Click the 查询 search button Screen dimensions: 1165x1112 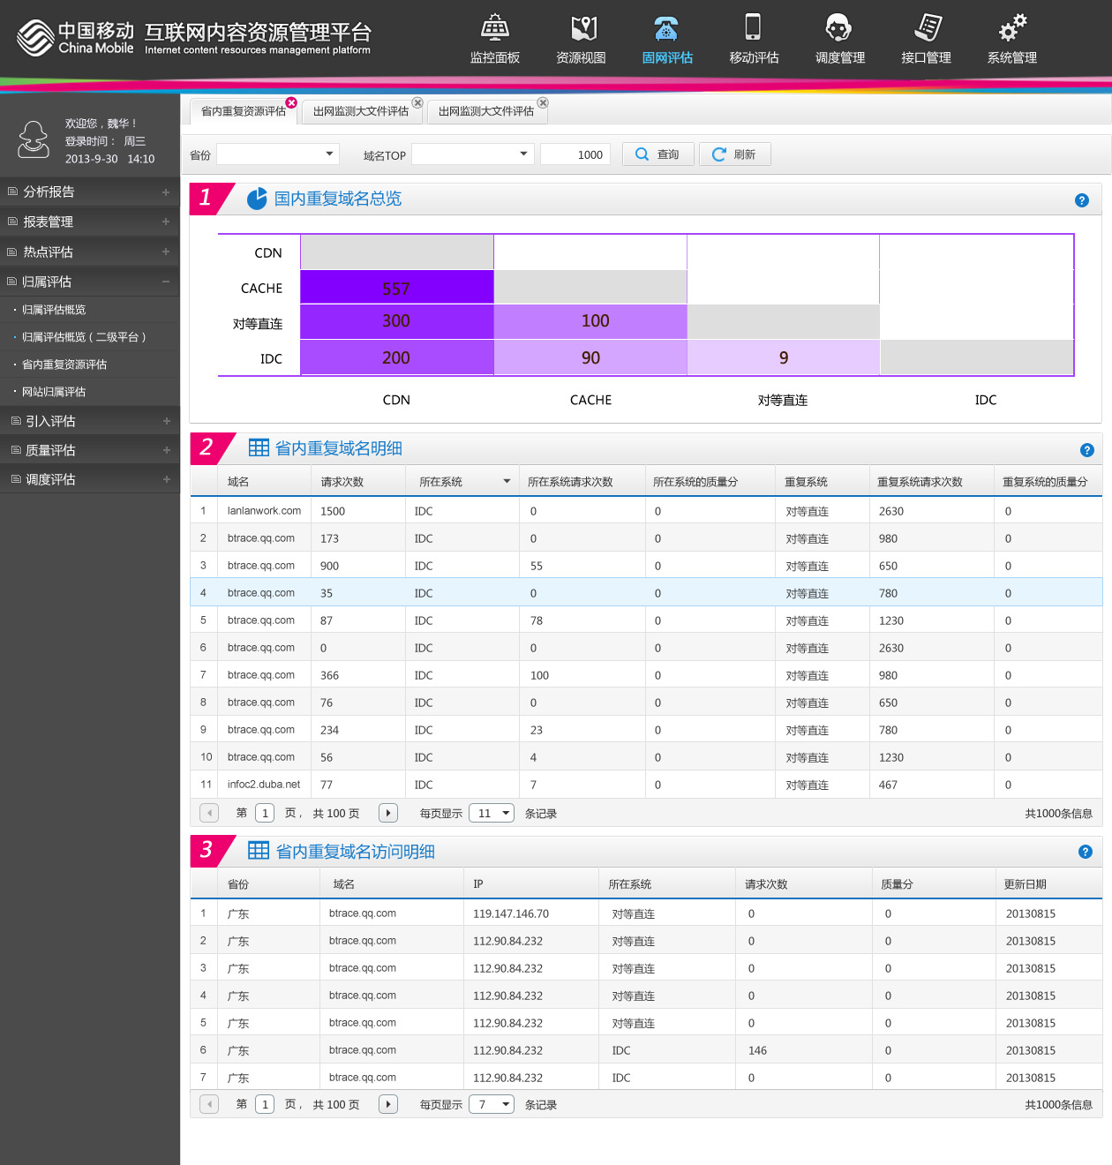tap(657, 154)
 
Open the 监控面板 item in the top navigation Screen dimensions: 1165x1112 tap(494, 40)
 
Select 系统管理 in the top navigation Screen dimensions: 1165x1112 tap(1011, 40)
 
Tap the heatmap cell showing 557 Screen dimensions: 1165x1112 tap(396, 288)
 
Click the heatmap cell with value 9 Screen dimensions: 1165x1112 tap(783, 357)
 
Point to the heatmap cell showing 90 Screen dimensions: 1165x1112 tap(590, 357)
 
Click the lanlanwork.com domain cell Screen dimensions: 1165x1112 tap(264, 511)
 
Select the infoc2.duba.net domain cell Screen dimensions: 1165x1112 tap(264, 785)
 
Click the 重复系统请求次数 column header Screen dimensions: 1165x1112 tap(920, 482)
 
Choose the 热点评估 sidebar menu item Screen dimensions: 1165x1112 tap(49, 252)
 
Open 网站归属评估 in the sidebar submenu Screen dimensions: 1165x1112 tap(54, 392)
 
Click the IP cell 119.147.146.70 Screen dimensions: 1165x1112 tap(511, 913)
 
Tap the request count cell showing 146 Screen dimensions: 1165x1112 tap(757, 1050)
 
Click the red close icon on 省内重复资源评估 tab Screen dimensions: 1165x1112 tap(291, 102)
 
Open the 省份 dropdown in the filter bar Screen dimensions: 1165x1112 tap(278, 154)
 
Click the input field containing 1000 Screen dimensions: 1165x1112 tap(575, 154)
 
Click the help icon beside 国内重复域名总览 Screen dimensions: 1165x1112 tap(1081, 200)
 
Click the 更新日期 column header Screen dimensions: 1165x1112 tap(1026, 884)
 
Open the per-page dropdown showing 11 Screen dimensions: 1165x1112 tap(492, 813)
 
